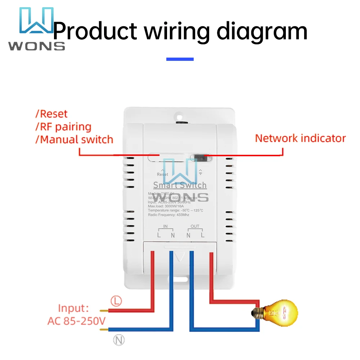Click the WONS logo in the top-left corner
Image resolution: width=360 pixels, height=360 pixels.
pos(36,29)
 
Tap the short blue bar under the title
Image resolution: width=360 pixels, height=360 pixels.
pos(180,59)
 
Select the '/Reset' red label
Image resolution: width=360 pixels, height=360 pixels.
pos(51,114)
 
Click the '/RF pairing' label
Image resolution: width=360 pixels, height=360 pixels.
pos(63,127)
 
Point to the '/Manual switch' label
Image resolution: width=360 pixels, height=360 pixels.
pos(74,139)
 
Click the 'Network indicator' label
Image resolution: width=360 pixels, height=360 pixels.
pos(300,138)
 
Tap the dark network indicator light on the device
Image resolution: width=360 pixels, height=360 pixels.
pos(201,157)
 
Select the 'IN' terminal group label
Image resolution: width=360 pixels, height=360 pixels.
pos(165,226)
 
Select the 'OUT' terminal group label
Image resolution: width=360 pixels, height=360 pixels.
pos(195,226)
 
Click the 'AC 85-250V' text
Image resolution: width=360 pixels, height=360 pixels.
pos(76,321)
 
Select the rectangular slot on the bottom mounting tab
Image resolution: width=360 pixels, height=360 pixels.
pos(181,279)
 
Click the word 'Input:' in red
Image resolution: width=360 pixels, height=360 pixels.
pos(73,308)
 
